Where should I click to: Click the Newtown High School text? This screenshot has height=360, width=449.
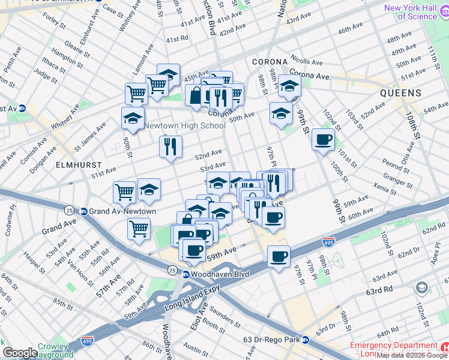pos(185,125)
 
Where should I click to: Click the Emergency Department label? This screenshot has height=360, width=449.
pos(393,346)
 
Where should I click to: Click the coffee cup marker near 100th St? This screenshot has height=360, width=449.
pos(324,140)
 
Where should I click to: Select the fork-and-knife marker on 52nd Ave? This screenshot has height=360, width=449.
pos(170,146)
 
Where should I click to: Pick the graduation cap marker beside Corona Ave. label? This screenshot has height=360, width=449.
pos(289,86)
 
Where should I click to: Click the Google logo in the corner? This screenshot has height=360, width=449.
pos(20,353)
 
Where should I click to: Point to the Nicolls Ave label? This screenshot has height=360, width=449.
pos(308,61)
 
